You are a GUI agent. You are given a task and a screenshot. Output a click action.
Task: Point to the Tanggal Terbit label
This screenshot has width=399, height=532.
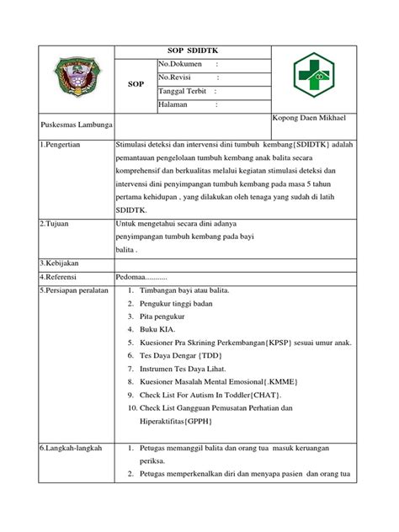pyautogui.click(x=183, y=91)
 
